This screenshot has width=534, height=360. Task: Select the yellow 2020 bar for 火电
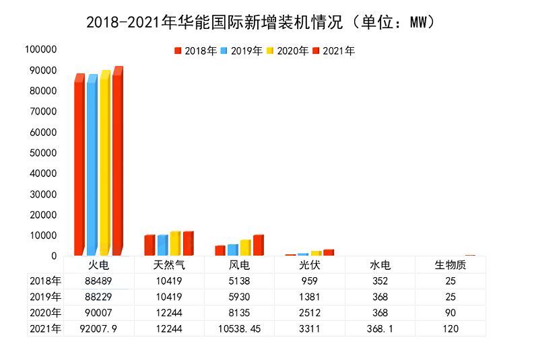pyautogui.click(x=104, y=161)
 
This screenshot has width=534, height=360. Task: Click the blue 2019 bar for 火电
pyautogui.click(x=92, y=165)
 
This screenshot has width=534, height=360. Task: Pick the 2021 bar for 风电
pyautogui.click(x=258, y=246)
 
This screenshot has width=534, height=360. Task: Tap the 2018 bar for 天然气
pyautogui.click(x=149, y=246)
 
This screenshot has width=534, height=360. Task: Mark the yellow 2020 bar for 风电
pyautogui.click(x=245, y=248)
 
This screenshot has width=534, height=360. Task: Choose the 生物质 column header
pyautogui.click(x=450, y=264)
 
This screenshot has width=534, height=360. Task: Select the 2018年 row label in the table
pyautogui.click(x=45, y=281)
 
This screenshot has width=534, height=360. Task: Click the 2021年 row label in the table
pyautogui.click(x=45, y=328)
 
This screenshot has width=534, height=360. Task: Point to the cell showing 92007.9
pyautogui.click(x=98, y=328)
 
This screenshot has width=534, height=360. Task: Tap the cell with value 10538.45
pyautogui.click(x=239, y=328)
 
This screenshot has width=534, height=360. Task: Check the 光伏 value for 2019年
pyautogui.click(x=310, y=297)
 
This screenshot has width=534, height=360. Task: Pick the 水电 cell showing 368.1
pyautogui.click(x=380, y=328)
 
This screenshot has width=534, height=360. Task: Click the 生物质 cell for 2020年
pyautogui.click(x=450, y=312)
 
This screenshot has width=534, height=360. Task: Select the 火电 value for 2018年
pyautogui.click(x=98, y=281)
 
